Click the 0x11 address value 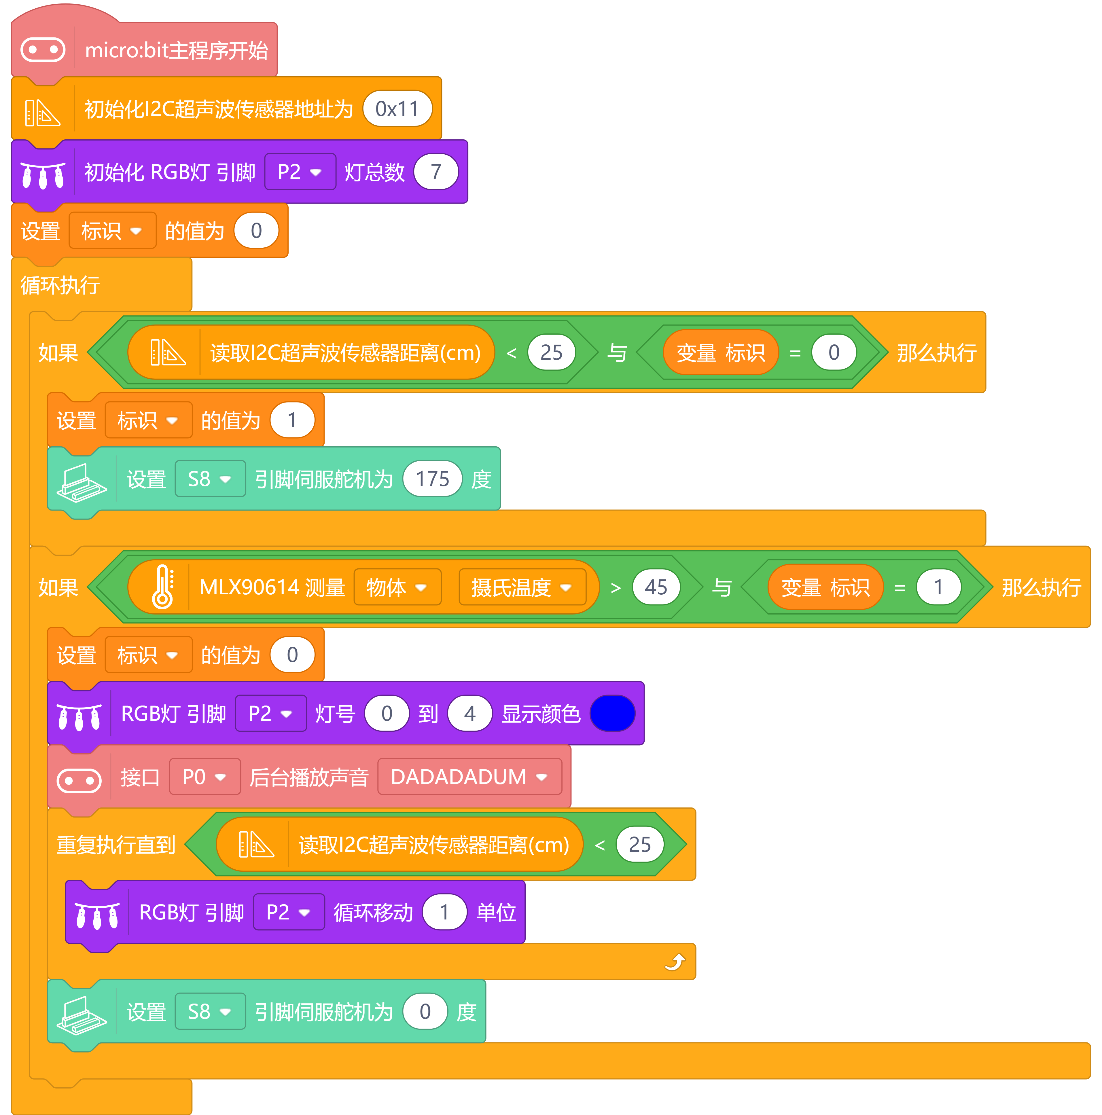(x=397, y=109)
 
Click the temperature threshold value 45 (x=656, y=587)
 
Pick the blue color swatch (x=612, y=713)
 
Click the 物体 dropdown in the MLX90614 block (x=397, y=587)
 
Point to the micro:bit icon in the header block (x=43, y=50)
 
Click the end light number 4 (x=470, y=713)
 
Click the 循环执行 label (x=60, y=285)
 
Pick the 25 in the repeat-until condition (x=640, y=844)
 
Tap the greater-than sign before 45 (x=615, y=587)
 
